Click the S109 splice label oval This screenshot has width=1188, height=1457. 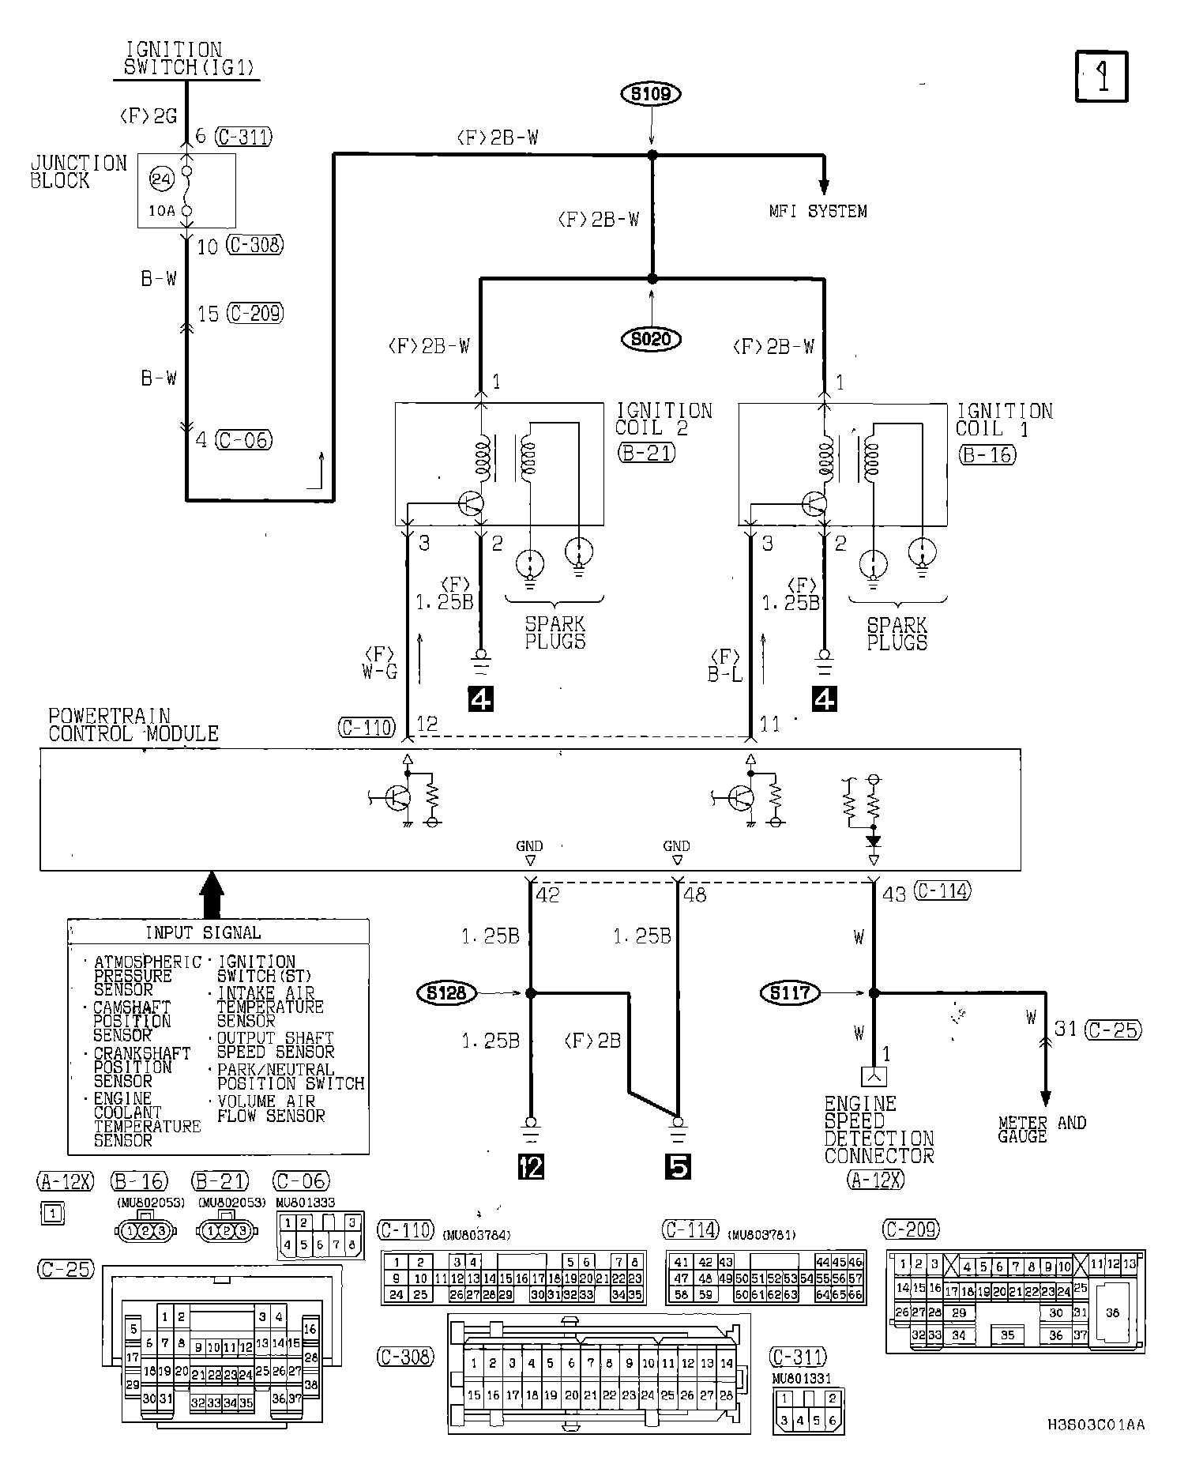tap(652, 94)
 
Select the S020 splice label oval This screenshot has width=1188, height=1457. tap(652, 340)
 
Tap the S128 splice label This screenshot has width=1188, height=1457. tap(447, 993)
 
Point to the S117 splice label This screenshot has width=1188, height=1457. tap(791, 993)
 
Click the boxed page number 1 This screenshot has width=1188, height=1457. tap(1102, 77)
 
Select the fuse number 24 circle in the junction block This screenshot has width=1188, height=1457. tap(161, 180)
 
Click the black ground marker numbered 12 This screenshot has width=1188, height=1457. tap(531, 1166)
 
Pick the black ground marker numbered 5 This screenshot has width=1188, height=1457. tap(678, 1166)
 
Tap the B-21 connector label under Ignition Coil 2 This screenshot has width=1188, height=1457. tap(647, 454)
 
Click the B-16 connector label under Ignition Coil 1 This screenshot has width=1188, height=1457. tap(987, 454)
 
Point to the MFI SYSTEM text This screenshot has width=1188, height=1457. tap(818, 212)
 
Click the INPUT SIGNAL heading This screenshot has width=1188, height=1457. tap(203, 933)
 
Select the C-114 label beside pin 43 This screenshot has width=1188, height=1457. tap(942, 891)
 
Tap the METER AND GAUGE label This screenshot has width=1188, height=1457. tap(1042, 1129)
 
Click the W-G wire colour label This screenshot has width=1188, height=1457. tap(380, 672)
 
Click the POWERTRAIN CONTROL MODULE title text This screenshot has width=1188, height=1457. tap(133, 725)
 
